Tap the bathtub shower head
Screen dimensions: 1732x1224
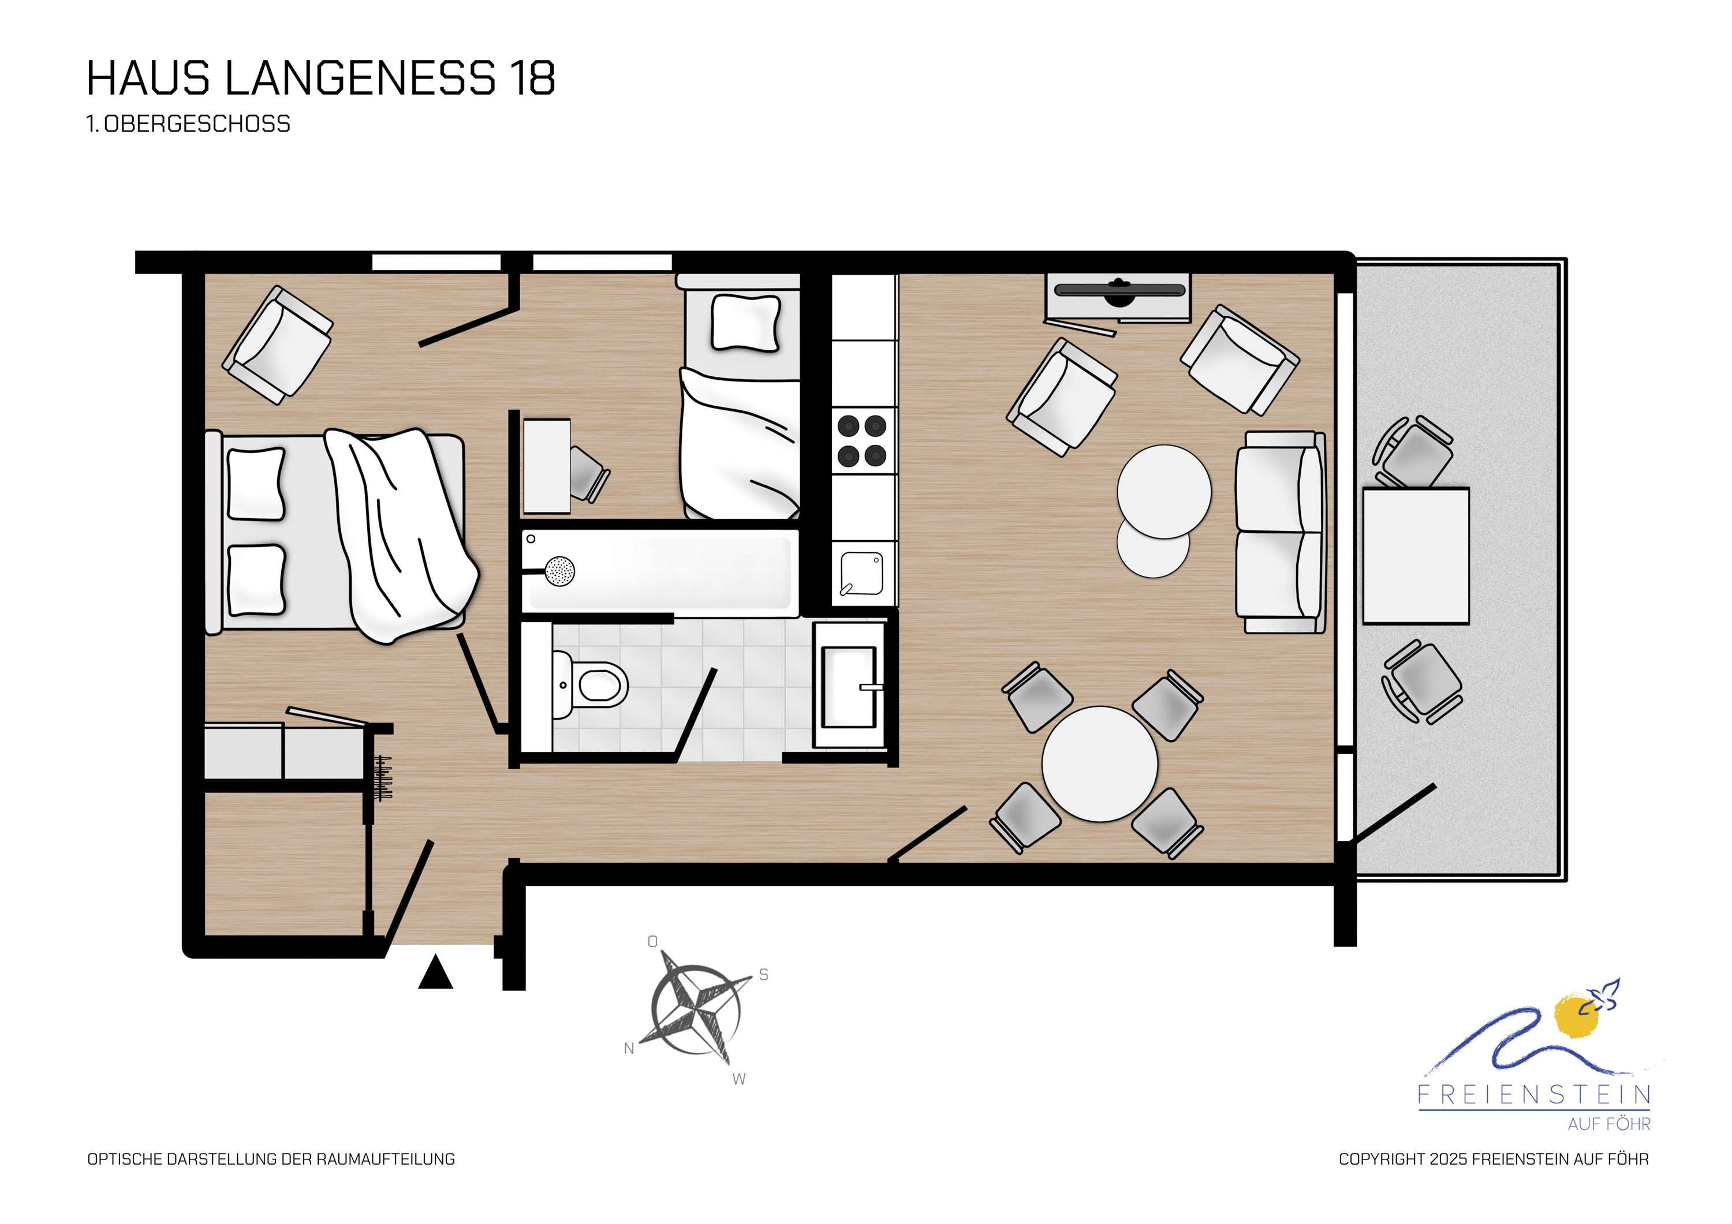point(560,571)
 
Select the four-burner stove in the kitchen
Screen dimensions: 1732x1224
point(862,441)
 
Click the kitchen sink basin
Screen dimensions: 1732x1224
point(862,574)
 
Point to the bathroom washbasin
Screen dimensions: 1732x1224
point(849,686)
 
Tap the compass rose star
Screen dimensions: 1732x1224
point(696,1010)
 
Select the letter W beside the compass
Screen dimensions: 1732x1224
point(739,1079)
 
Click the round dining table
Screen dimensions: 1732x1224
point(1100,764)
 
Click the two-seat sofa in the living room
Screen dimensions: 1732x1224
point(1280,533)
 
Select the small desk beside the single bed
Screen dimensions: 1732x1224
point(547,466)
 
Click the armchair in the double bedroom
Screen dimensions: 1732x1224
point(278,345)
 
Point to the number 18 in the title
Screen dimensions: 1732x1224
point(532,78)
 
